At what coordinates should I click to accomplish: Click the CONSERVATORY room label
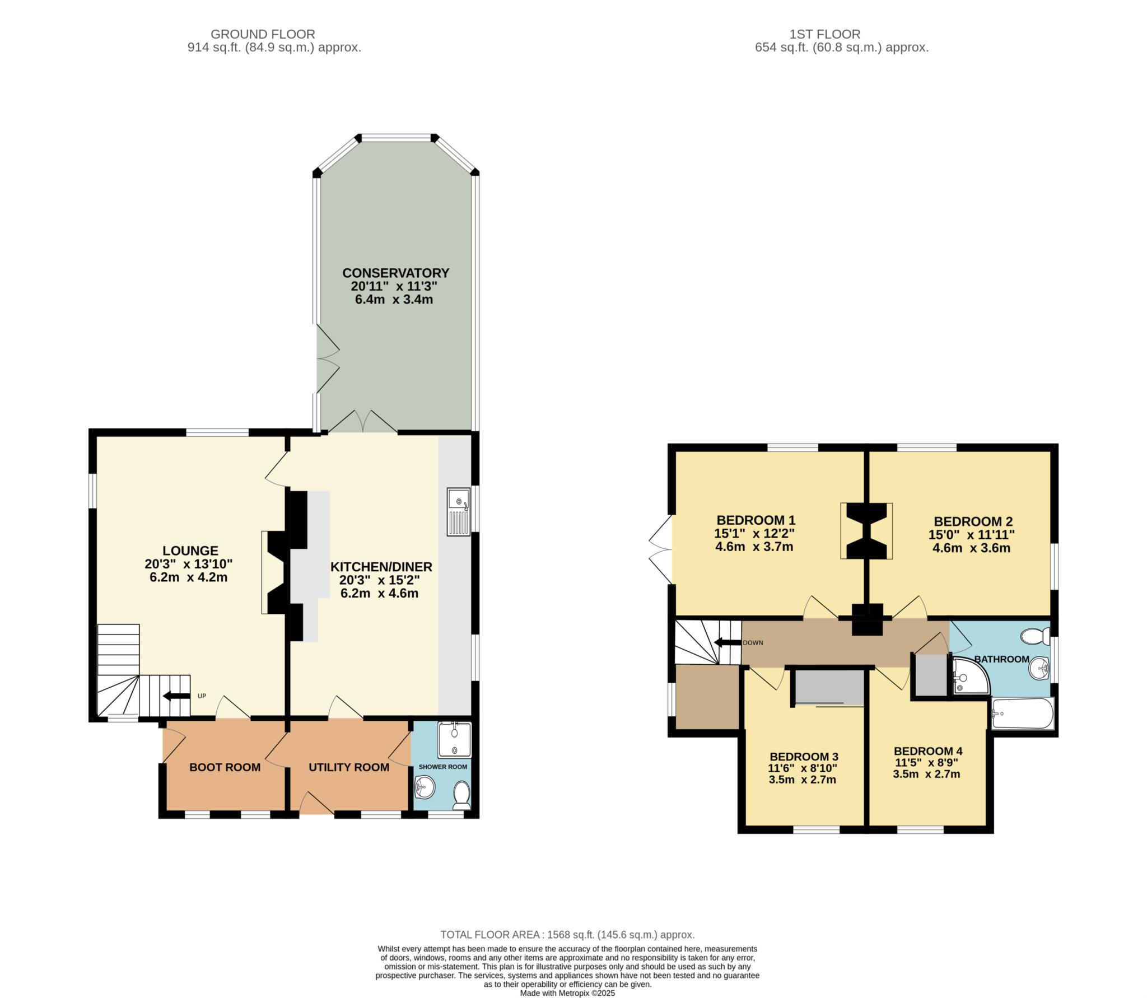(x=395, y=273)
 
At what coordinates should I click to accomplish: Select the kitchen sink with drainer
(x=458, y=511)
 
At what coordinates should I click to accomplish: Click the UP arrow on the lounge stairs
(x=175, y=696)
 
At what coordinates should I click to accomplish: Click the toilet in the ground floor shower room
(x=461, y=796)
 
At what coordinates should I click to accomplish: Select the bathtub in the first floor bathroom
(x=1022, y=713)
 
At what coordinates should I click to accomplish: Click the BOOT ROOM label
(x=225, y=767)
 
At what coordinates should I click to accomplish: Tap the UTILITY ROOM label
(x=349, y=767)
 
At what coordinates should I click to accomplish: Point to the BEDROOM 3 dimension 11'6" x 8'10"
(x=803, y=768)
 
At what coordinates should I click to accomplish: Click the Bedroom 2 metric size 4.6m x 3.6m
(x=971, y=548)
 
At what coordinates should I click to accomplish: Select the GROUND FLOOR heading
(x=263, y=34)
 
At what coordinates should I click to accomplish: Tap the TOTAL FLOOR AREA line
(x=567, y=935)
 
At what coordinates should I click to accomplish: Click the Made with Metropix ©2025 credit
(x=567, y=993)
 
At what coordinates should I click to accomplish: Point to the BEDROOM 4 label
(x=928, y=751)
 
